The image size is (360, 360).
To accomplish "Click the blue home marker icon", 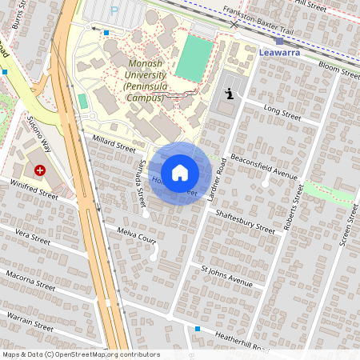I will pyautogui.click(x=180, y=173).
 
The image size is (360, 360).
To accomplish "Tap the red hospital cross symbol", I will pyautogui.click(x=40, y=170).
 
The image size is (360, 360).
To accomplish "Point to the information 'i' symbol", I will pyautogui.click(x=230, y=94).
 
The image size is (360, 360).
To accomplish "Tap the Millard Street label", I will pyautogui.click(x=114, y=143).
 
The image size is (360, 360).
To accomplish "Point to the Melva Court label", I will pyautogui.click(x=136, y=237).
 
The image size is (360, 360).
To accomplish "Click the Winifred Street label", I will pyautogui.click(x=34, y=189).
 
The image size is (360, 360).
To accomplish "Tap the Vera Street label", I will pyautogui.click(x=33, y=238).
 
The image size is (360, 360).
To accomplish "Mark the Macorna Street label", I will pyautogui.click(x=30, y=280).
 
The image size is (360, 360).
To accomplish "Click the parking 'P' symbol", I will pyautogui.click(x=114, y=10).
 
